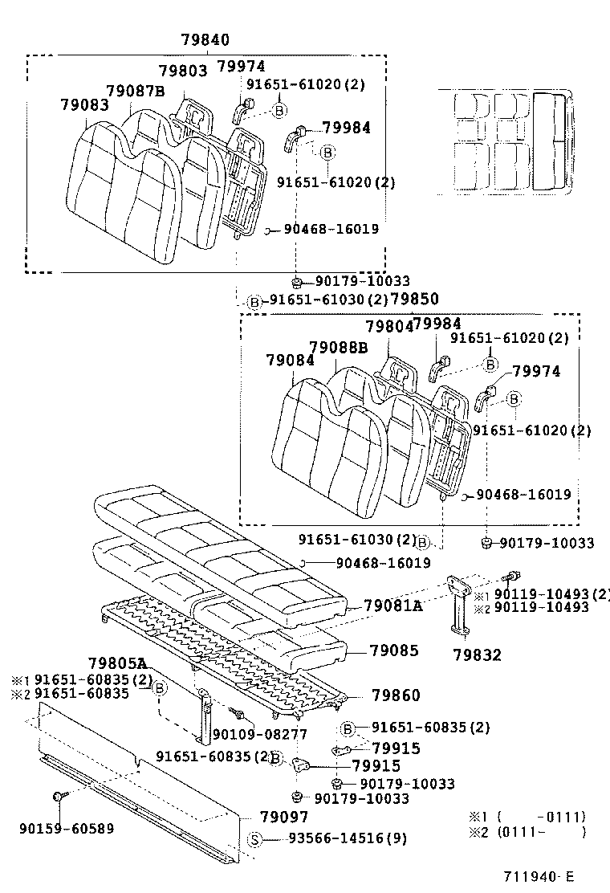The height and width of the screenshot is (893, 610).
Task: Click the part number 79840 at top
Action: coord(205,40)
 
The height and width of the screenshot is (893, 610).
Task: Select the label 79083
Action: coord(84,105)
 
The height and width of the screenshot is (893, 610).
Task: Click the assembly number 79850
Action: coord(414,300)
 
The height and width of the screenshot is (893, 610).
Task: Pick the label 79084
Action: coord(290,361)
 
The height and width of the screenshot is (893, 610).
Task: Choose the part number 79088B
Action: coord(338,348)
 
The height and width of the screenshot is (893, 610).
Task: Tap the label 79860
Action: coord(396,695)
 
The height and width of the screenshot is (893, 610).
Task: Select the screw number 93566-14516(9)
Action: coord(348,839)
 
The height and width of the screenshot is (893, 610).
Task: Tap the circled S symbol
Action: coord(254,840)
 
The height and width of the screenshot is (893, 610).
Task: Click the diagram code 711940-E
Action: coord(539,877)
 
